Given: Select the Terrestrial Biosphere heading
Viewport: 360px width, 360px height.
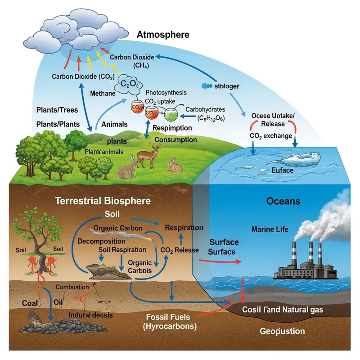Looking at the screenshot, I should coord(103,201).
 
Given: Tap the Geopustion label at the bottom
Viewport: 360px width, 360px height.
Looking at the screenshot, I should coord(282,331).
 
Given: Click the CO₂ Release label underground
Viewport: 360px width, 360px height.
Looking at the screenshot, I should coord(179,249).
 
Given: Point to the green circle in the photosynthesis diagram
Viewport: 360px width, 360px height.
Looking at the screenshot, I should coord(170,115).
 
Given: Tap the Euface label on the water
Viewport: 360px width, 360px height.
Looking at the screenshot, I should coord(283,171).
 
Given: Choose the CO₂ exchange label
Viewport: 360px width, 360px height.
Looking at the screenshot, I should coord(270,135).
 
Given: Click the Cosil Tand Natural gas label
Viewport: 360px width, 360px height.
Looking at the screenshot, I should coord(282,310).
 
